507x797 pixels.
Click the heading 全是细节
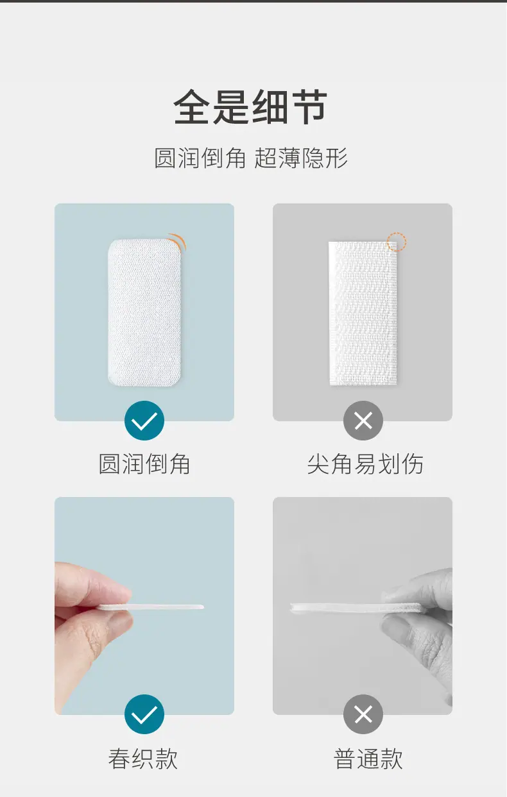click(250, 106)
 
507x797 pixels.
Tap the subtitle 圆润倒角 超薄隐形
click(251, 158)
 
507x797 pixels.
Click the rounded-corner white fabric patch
click(145, 313)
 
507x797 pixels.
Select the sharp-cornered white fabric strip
click(363, 313)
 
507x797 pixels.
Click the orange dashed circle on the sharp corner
click(397, 242)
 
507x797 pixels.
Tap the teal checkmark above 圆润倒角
click(144, 421)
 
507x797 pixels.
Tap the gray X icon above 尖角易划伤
click(363, 421)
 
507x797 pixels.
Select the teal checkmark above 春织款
click(144, 714)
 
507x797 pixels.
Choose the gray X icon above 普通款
click(363, 714)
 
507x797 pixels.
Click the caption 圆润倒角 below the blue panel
click(144, 464)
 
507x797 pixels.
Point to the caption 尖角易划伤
click(365, 464)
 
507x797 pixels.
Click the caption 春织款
click(143, 759)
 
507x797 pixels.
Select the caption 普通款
click(368, 759)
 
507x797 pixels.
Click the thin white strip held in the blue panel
click(151, 607)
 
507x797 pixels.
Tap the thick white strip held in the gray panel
click(358, 608)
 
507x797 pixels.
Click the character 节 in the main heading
click(308, 106)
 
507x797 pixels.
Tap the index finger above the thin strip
click(92, 583)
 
